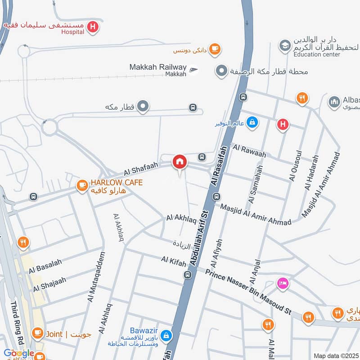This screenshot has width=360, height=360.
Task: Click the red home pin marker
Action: tap(180, 161)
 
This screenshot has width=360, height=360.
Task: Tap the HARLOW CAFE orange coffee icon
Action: tap(82, 185)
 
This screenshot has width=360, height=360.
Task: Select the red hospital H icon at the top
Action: tap(93, 27)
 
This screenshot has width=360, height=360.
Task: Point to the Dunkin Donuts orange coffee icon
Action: tap(215, 49)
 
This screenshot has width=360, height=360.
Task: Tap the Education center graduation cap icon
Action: tap(284, 45)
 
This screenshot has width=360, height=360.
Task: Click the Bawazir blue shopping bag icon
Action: tap(166, 335)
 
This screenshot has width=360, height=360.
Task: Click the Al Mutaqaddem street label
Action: tap(96, 277)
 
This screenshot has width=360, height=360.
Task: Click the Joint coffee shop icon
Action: tap(37, 333)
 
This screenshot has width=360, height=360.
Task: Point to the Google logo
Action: tap(19, 353)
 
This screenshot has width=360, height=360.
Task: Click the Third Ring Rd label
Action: tap(17, 321)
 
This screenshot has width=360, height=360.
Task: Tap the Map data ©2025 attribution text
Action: tap(335, 355)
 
